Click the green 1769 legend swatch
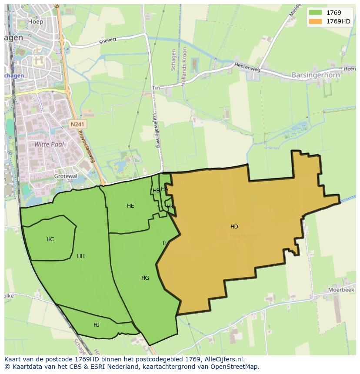point(315,13)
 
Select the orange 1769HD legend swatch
point(315,21)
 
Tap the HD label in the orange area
point(234,227)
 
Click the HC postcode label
point(50,239)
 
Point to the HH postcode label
point(81,256)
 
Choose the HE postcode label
point(130,206)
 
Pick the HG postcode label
point(145,278)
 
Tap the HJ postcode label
point(97,325)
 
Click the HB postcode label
point(156,191)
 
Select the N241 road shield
point(78,124)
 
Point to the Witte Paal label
point(49,144)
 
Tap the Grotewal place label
point(65,176)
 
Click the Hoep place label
point(36,21)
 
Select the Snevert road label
point(108,41)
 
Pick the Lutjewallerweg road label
point(156,130)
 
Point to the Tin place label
point(156,88)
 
